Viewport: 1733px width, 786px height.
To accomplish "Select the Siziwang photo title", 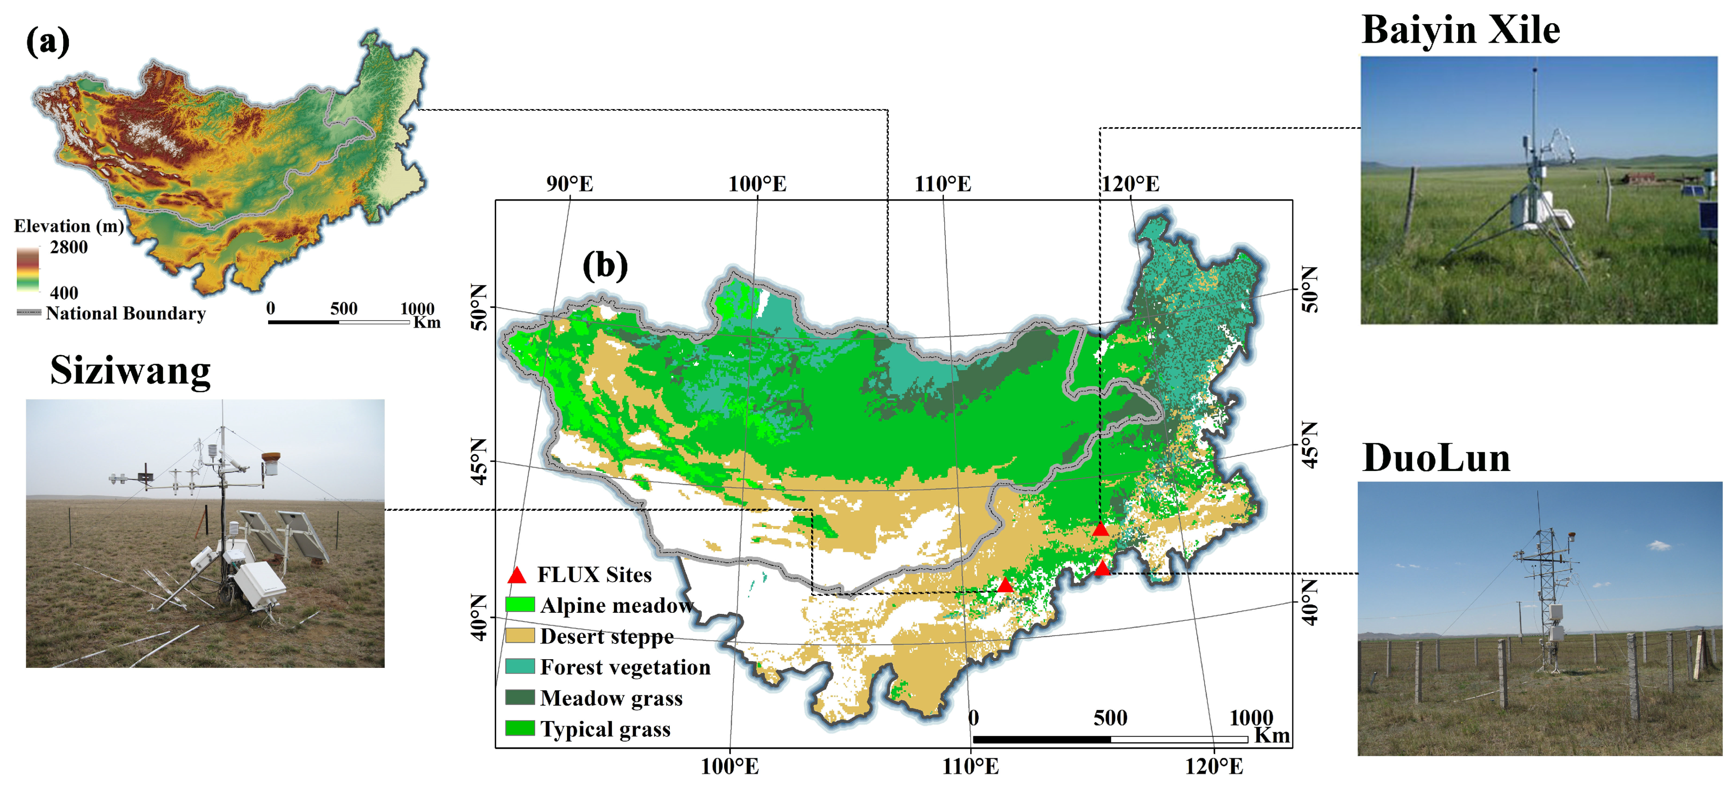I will tap(131, 370).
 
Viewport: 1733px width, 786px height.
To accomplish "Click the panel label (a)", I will tap(48, 42).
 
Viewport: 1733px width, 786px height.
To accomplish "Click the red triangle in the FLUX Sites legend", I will tap(517, 575).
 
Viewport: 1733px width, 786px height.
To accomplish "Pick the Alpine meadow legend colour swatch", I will tap(520, 604).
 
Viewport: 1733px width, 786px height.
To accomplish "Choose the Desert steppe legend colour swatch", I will tap(520, 635).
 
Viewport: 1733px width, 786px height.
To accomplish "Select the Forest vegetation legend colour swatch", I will tap(520, 666).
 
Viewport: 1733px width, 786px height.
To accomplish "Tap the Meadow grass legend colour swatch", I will tap(520, 697).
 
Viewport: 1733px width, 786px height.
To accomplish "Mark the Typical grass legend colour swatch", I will tap(520, 728).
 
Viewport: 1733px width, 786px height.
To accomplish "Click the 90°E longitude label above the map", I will tap(570, 184).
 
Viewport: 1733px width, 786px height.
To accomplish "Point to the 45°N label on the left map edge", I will tap(478, 462).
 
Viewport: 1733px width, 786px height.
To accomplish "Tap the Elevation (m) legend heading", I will tap(69, 226).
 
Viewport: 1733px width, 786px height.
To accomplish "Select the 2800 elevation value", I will tap(69, 247).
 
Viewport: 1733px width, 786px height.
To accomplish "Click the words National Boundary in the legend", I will tap(126, 313).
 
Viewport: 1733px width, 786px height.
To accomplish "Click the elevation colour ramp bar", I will tap(28, 269).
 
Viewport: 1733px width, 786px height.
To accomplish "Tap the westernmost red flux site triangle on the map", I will tap(1005, 585).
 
